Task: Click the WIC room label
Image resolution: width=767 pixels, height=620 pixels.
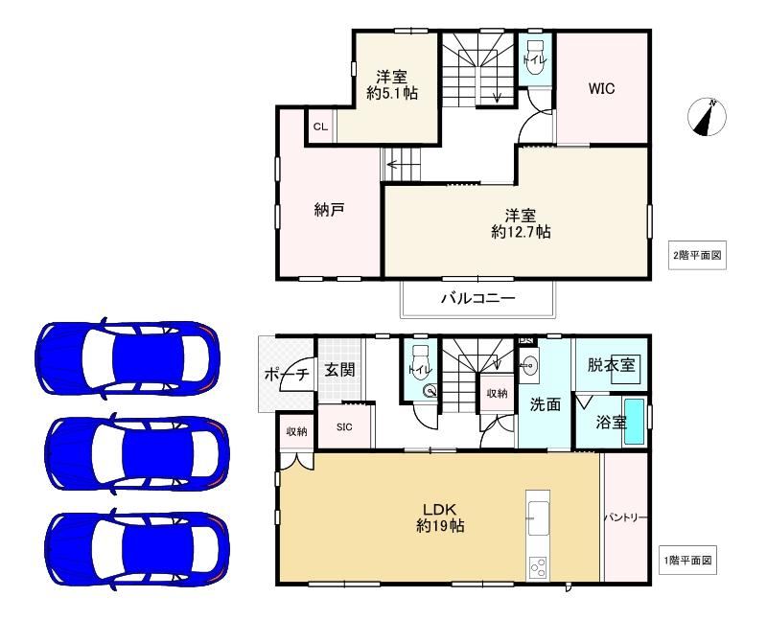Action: pyautogui.click(x=601, y=89)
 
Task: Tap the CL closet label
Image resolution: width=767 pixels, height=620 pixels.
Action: pyautogui.click(x=320, y=127)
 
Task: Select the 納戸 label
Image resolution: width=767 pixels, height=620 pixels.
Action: pyautogui.click(x=329, y=210)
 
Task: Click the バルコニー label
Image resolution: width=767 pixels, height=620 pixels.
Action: pyautogui.click(x=477, y=298)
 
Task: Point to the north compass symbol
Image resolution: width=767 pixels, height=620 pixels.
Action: pyautogui.click(x=707, y=117)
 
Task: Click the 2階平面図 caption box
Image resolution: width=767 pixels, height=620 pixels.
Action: pyautogui.click(x=697, y=255)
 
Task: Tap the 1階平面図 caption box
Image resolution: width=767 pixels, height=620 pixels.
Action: pyautogui.click(x=687, y=561)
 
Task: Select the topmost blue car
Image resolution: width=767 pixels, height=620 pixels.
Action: pyautogui.click(x=128, y=358)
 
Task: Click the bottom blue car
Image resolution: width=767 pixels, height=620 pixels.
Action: pyautogui.click(x=137, y=549)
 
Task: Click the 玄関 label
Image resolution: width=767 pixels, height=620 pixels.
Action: pyautogui.click(x=339, y=370)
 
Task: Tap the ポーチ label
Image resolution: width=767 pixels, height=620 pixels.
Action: pyautogui.click(x=287, y=375)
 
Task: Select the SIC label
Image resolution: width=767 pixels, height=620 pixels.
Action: pyautogui.click(x=344, y=426)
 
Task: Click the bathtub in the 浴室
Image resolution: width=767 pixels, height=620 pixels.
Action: pyautogui.click(x=635, y=422)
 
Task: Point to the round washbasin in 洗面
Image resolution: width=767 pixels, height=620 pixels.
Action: pyautogui.click(x=529, y=365)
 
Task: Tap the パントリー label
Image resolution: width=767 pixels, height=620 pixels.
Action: pyautogui.click(x=626, y=517)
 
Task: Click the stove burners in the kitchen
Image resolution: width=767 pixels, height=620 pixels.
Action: pyautogui.click(x=538, y=568)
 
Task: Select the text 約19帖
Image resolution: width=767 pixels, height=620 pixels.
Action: pyautogui.click(x=440, y=526)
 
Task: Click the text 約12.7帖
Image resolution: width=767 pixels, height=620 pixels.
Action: pyautogui.click(x=521, y=231)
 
